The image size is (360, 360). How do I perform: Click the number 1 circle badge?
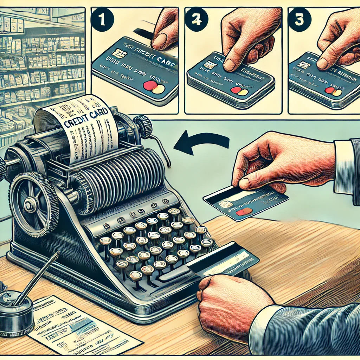tap(102, 20)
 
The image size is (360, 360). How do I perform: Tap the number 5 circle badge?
tap(299, 20)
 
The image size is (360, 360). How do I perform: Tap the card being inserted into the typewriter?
tap(225, 260)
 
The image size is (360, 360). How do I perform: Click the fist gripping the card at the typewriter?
tap(229, 302)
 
